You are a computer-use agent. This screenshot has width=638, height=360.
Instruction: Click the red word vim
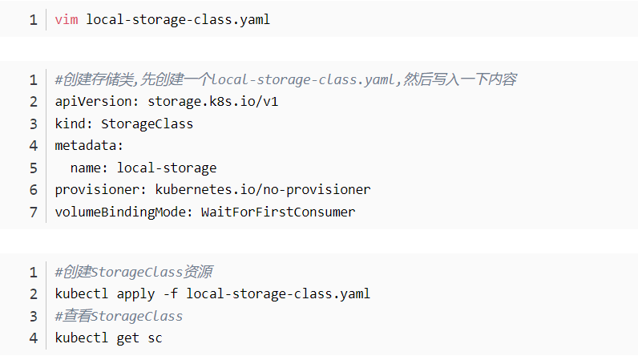tap(67, 20)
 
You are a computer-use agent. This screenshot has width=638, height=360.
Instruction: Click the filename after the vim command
tap(178, 20)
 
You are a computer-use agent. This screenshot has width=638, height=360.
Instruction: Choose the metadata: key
tap(89, 146)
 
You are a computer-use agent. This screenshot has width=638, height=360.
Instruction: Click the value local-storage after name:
tap(167, 168)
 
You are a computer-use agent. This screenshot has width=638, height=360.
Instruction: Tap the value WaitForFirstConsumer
tap(278, 212)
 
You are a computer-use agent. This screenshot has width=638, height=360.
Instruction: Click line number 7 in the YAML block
tap(34, 212)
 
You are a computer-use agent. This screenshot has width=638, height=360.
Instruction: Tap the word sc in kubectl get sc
tap(155, 338)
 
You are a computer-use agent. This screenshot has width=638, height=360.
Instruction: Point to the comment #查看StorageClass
tap(119, 316)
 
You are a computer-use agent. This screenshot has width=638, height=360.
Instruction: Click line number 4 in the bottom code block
tap(34, 338)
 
